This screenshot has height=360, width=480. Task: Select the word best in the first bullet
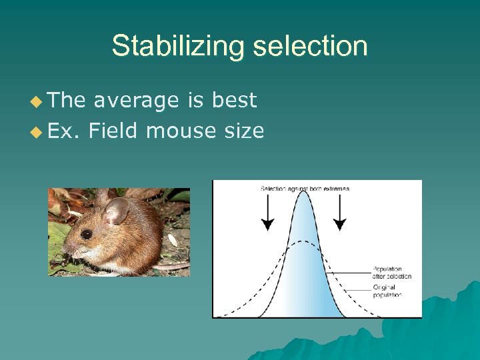tap(234, 101)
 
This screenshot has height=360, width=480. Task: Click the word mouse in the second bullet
tap(177, 131)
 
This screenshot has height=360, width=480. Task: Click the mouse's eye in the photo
tap(87, 234)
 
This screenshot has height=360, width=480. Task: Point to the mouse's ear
tap(117, 212)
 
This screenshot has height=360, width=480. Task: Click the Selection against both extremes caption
tap(304, 189)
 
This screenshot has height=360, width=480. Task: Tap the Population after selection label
tap(392, 273)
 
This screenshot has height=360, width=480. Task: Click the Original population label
tap(386, 291)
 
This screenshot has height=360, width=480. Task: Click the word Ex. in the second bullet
tap(64, 131)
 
